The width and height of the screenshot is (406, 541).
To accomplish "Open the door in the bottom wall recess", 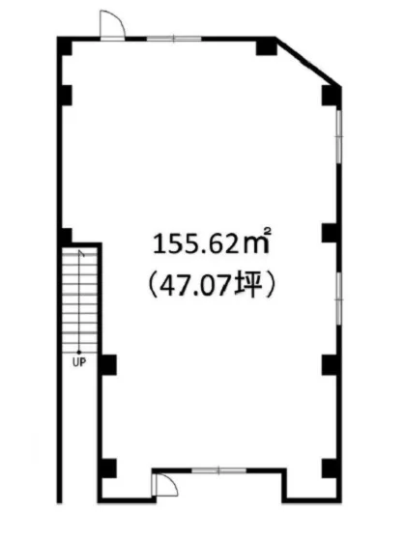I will coord(163,485).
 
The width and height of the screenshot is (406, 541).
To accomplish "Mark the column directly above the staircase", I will coord(67,237).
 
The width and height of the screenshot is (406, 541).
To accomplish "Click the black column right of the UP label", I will coord(108,364).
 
